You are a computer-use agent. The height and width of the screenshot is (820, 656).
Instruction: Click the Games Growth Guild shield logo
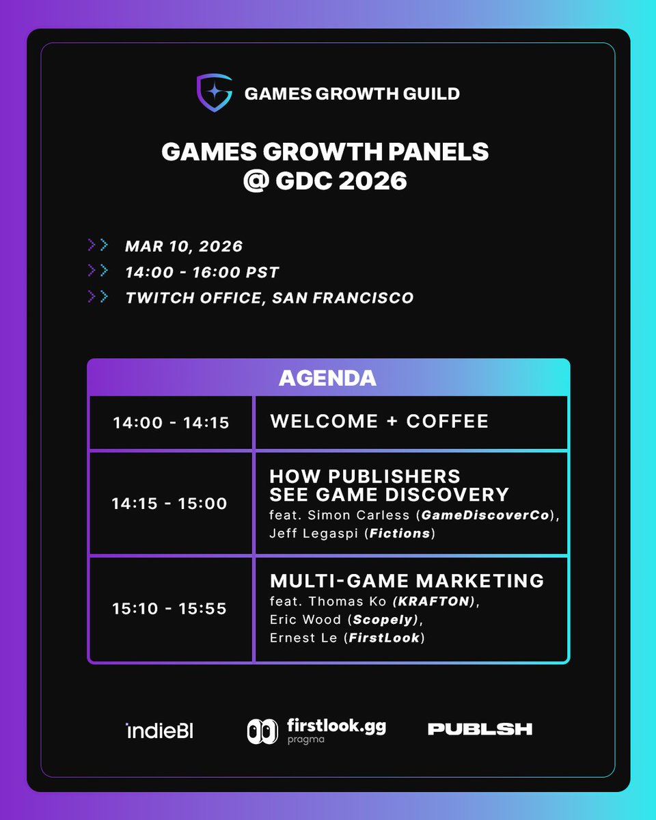[x=213, y=93]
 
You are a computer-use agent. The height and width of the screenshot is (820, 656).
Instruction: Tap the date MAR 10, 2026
[x=184, y=246]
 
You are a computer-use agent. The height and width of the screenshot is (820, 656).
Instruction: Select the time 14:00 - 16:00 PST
[x=202, y=272]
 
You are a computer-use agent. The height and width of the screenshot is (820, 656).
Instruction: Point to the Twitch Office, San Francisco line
[x=269, y=298]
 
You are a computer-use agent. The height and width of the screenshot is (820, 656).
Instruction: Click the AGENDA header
[x=327, y=378]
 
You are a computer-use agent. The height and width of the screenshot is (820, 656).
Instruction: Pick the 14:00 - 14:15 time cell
[x=171, y=422]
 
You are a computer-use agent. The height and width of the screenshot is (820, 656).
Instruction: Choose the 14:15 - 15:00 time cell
[x=169, y=504]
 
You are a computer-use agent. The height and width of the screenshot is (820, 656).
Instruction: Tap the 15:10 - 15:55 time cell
[x=169, y=609]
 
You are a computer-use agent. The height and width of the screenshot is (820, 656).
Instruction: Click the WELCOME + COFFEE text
[x=379, y=421]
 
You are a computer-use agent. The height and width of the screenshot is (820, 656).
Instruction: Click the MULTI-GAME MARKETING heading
[x=407, y=581]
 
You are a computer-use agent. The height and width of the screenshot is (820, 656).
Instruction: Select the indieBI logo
[x=160, y=731]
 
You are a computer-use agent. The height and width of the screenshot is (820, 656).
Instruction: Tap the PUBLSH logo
[x=480, y=729]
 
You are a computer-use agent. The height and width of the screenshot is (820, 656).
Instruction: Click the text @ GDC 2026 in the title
[x=325, y=181]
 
